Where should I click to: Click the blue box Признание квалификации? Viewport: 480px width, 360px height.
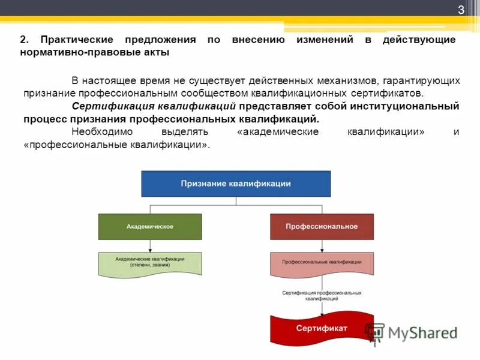[x=236, y=184]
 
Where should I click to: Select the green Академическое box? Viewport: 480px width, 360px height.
[x=150, y=226]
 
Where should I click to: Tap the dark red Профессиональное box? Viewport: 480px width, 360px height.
[x=322, y=226]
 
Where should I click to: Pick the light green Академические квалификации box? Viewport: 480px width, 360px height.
[x=150, y=262]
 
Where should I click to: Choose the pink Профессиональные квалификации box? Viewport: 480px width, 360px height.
[x=322, y=262]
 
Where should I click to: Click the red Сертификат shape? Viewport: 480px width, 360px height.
[x=322, y=328]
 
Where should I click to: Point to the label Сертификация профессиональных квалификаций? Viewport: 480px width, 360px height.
[x=322, y=295]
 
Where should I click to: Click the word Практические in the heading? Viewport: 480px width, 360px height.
[x=77, y=40]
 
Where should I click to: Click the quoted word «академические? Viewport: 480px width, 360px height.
[x=278, y=132]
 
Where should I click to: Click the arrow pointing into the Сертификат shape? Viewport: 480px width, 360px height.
[x=322, y=309]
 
